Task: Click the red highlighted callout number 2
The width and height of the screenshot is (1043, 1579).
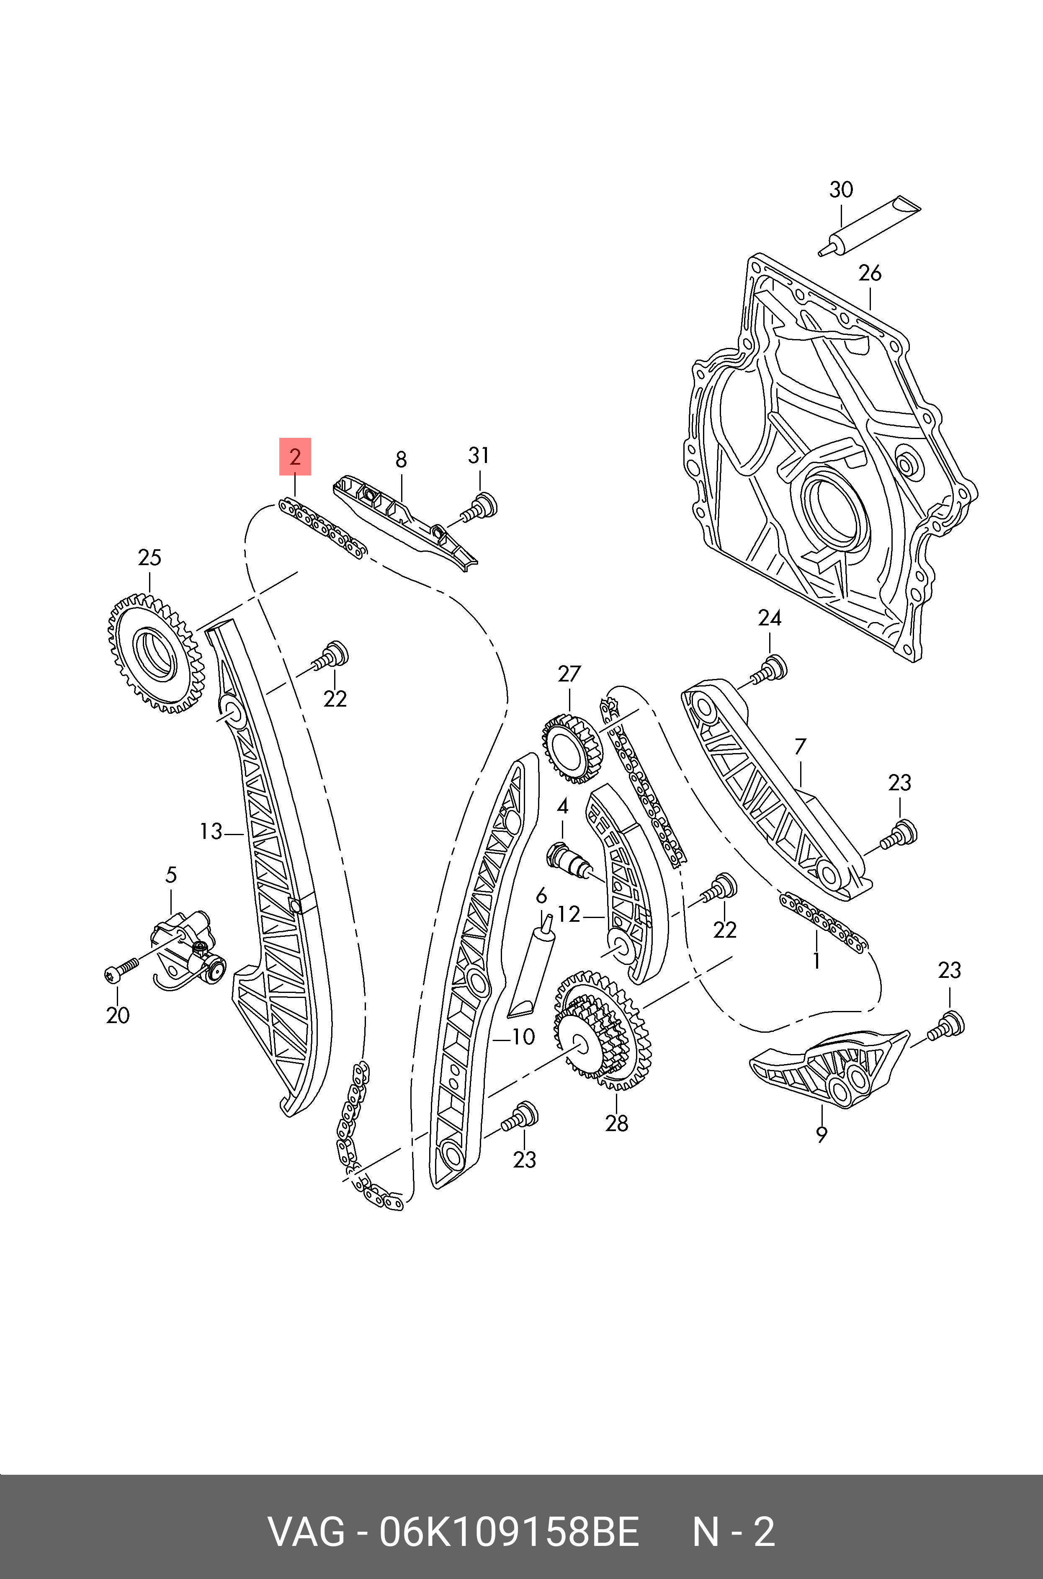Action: coord(295,457)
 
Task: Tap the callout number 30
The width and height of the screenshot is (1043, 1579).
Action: coord(841,190)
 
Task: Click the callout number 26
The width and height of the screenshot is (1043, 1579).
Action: coord(869,273)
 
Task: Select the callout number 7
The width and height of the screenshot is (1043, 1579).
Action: coord(800,747)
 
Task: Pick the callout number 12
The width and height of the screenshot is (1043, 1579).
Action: coord(569,915)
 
